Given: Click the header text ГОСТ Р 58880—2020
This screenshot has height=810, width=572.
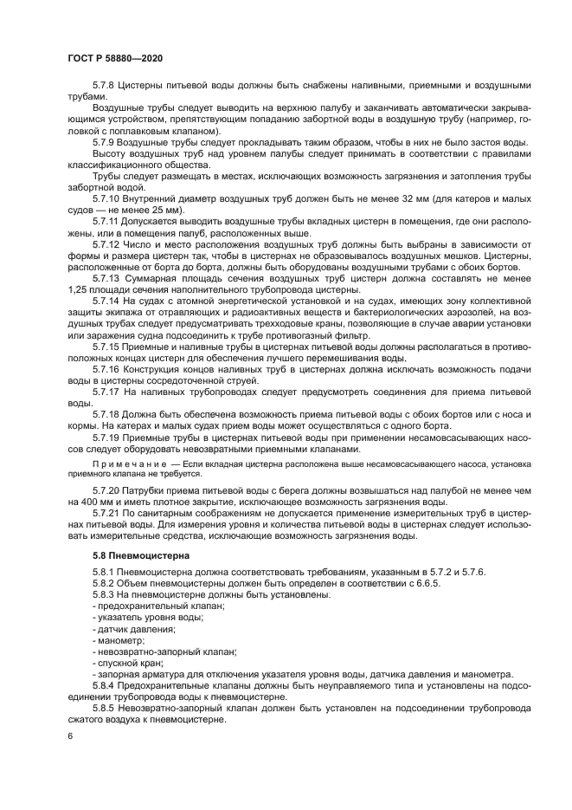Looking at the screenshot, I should [x=114, y=57].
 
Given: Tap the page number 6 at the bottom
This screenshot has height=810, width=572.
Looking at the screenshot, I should [x=69, y=735].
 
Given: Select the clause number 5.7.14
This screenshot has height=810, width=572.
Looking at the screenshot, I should [x=106, y=300].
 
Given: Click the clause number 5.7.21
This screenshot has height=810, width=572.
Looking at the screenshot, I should [x=106, y=513].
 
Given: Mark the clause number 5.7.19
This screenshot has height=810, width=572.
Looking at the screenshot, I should [x=106, y=437].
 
